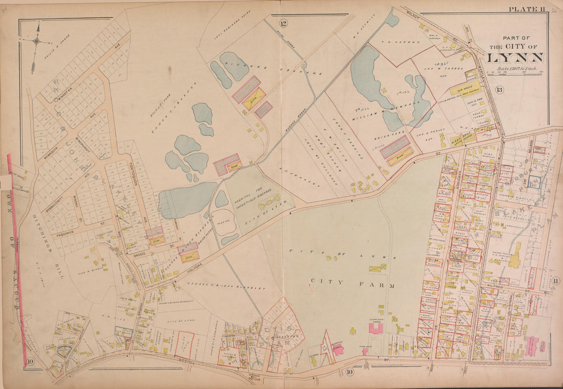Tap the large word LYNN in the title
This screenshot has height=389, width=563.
pyautogui.click(x=516, y=57)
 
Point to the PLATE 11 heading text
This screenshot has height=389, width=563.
pyautogui.click(x=526, y=9)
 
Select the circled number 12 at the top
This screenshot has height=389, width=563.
pyautogui.click(x=283, y=23)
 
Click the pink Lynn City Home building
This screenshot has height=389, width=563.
pyautogui.click(x=376, y=328)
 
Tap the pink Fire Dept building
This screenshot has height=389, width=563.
pyautogui.click(x=338, y=349)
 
